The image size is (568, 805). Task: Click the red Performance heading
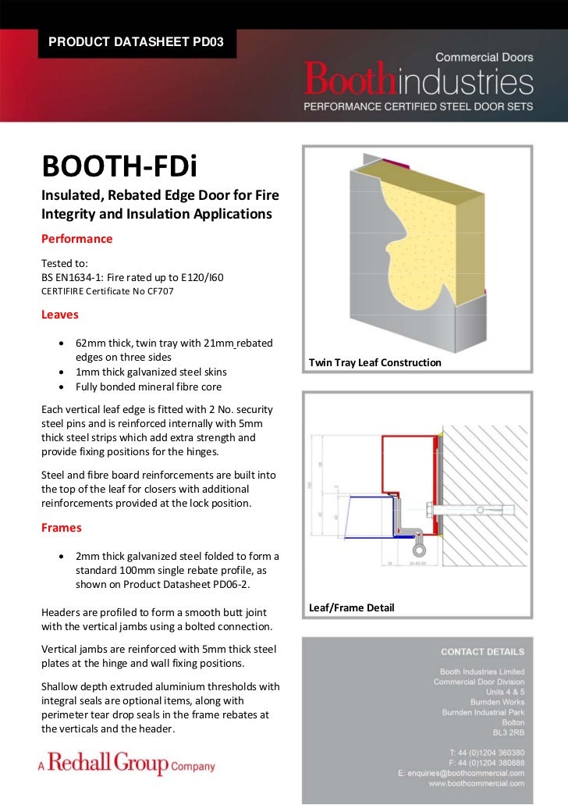pos(76,238)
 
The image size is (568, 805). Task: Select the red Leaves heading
pos(59,315)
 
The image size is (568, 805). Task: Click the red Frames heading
pos(61,528)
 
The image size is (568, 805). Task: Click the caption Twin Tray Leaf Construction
pos(375,363)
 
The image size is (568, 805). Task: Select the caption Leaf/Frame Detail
pos(351,607)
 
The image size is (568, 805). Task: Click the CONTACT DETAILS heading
pos(482,651)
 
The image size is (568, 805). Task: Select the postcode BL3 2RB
pos(508,733)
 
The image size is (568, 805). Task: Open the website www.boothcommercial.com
pos(476,782)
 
